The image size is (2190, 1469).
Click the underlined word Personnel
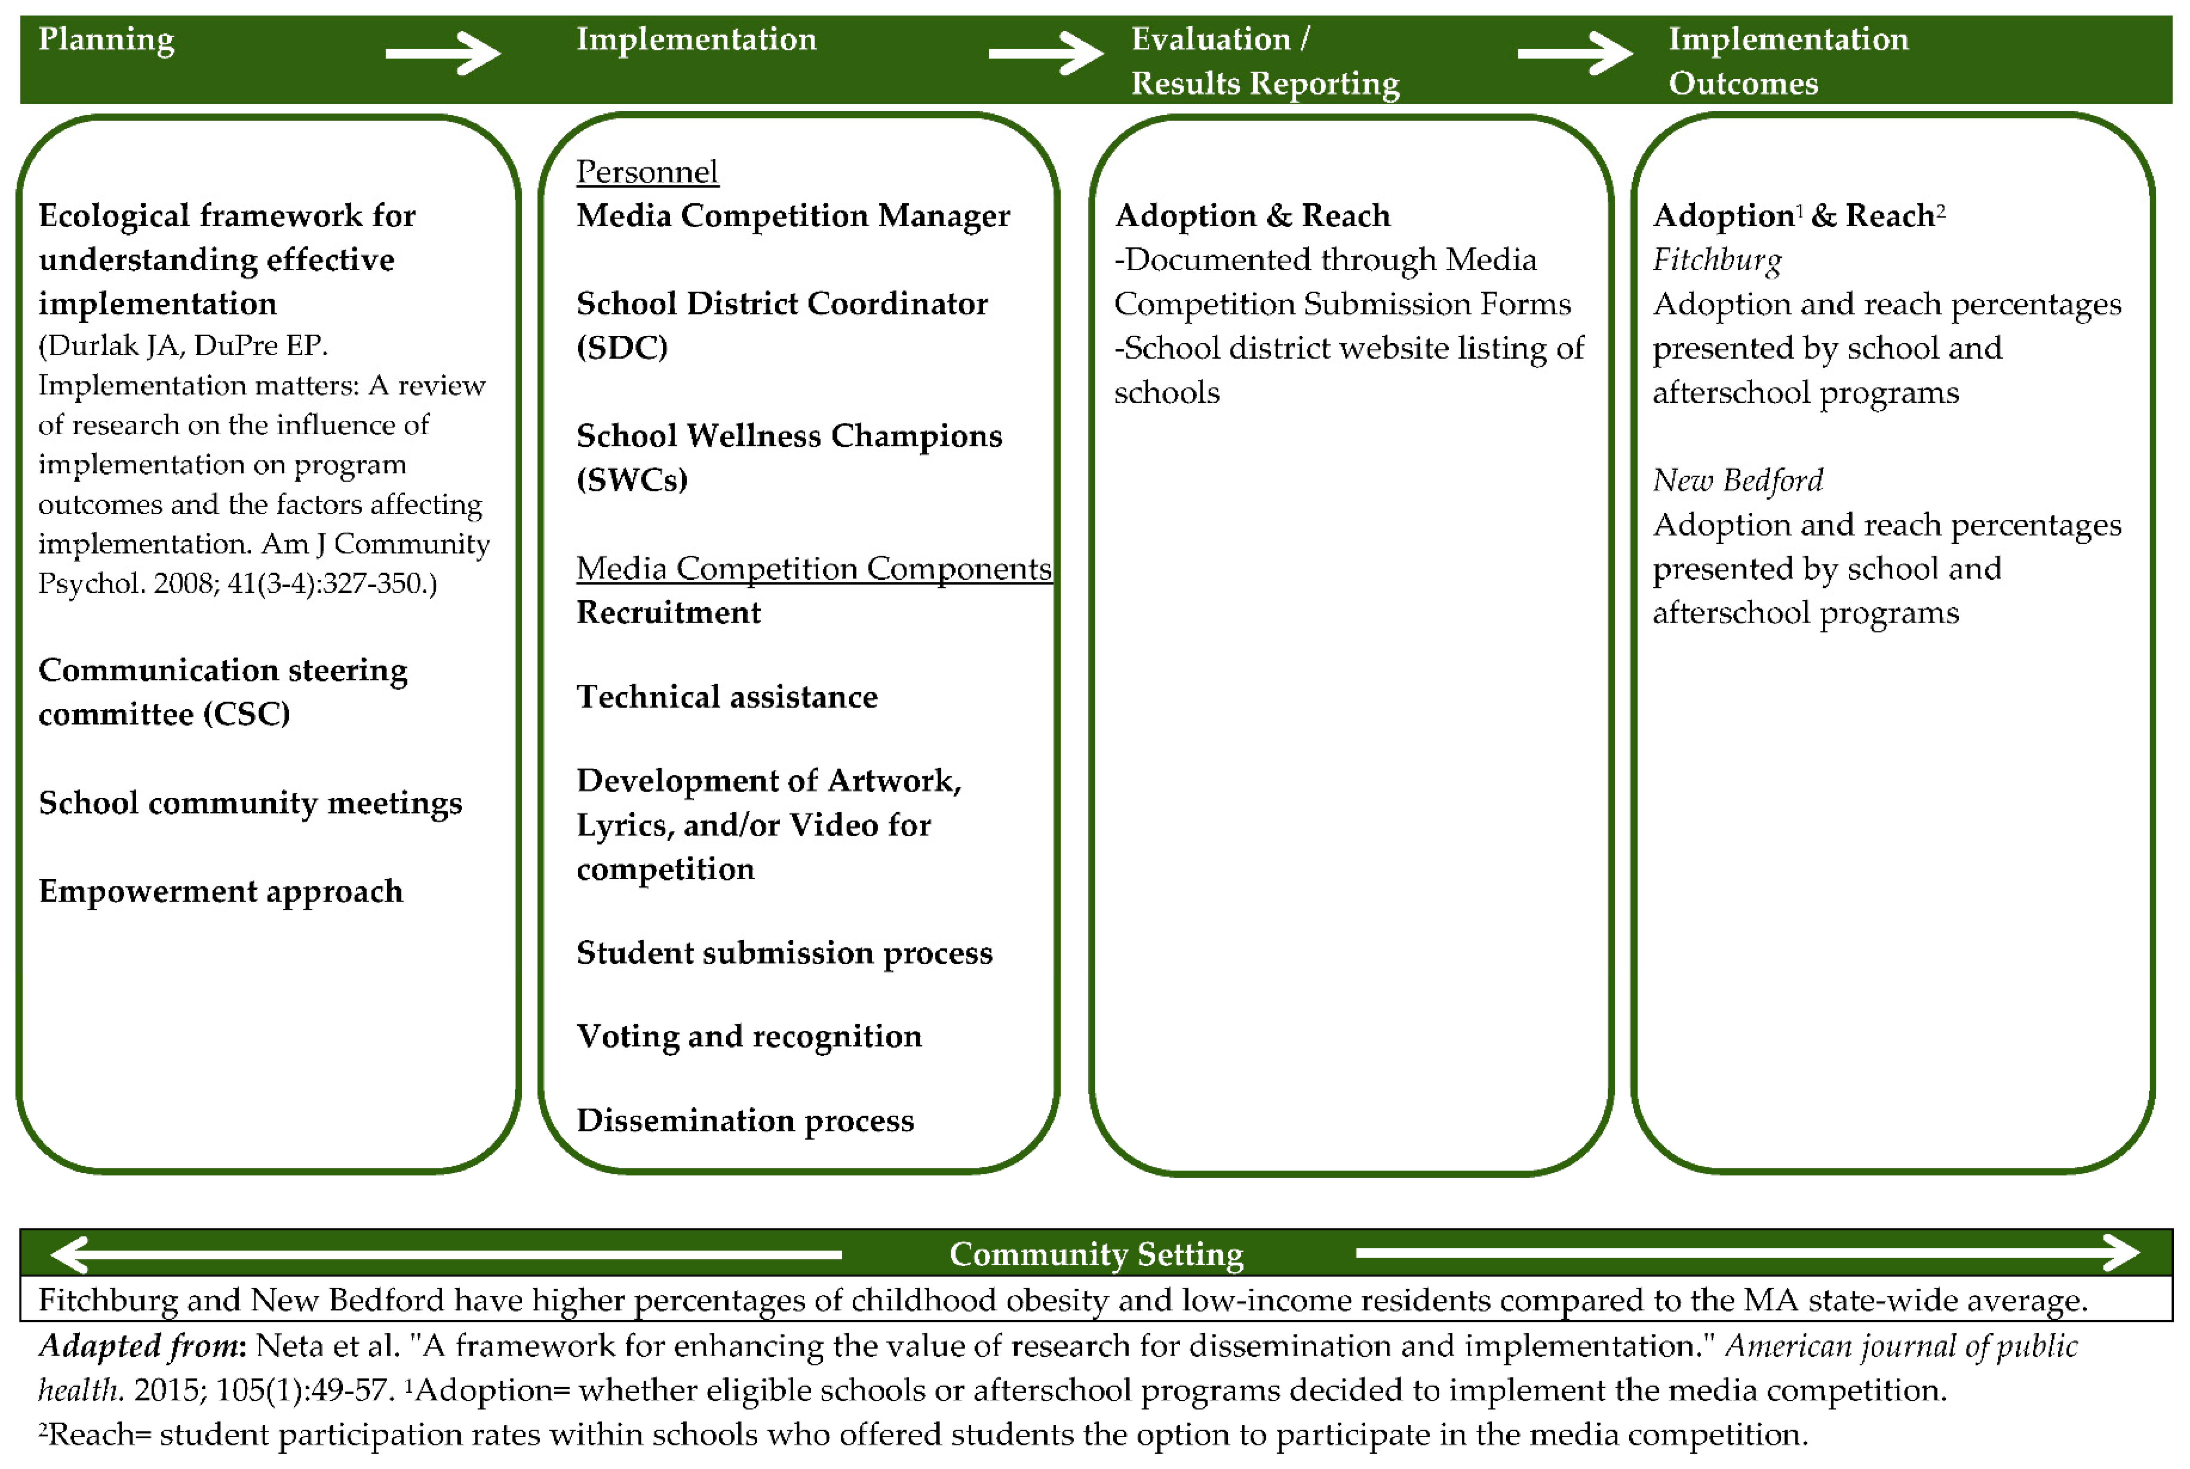[647, 173]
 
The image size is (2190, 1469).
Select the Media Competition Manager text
[792, 216]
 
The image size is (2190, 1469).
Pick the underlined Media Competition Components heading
[813, 569]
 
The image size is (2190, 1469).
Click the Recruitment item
[668, 613]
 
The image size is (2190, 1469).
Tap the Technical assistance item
[727, 697]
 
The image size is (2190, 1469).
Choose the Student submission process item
[784, 953]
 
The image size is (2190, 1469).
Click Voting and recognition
[749, 1036]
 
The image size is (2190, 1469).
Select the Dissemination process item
[745, 1120]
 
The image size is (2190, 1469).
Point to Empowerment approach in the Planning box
[220, 891]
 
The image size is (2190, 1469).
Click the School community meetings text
[250, 803]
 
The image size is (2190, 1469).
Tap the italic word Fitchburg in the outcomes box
[1716, 261]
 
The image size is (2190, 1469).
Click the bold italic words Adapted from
[142, 1346]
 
